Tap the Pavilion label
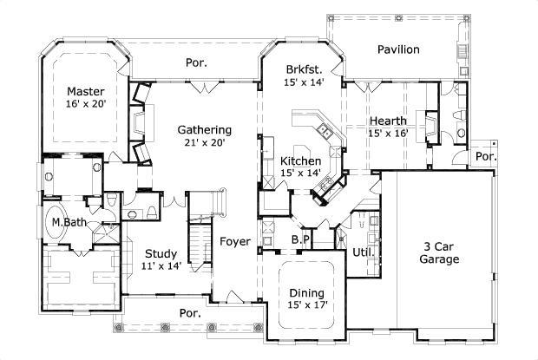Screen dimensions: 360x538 tap(398, 49)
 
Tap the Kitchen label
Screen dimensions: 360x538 tap(301, 160)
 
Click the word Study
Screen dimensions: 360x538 tap(161, 253)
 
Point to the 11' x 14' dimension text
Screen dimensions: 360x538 tap(161, 266)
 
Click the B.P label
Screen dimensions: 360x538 tap(300, 239)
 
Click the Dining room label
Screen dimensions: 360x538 tap(306, 292)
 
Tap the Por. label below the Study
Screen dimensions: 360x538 tap(190, 312)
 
